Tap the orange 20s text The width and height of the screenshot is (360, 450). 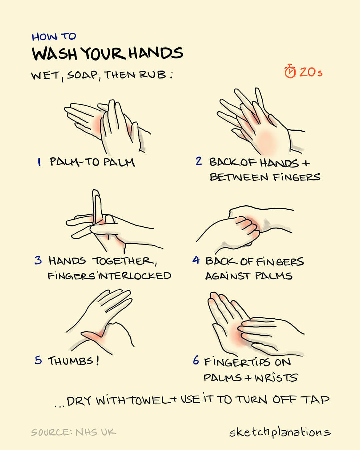coord(311,72)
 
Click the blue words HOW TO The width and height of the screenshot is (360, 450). coord(54,37)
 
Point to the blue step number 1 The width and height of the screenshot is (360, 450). coord(39,162)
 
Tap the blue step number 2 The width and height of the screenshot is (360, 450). coord(199,161)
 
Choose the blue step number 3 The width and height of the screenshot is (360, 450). coord(38,261)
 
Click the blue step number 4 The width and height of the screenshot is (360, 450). coord(196,260)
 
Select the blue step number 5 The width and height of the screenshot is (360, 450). coord(38,360)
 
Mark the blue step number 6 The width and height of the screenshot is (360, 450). coord(196,360)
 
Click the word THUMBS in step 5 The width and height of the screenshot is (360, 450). coord(70,361)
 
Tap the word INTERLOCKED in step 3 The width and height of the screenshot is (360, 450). coord(135,276)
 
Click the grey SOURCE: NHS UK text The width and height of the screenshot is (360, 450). coord(73,432)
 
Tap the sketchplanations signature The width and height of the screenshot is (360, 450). coord(280,432)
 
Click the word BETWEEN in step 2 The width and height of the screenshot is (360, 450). coord(239,177)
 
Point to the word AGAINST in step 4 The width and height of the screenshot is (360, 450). coord(228,276)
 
